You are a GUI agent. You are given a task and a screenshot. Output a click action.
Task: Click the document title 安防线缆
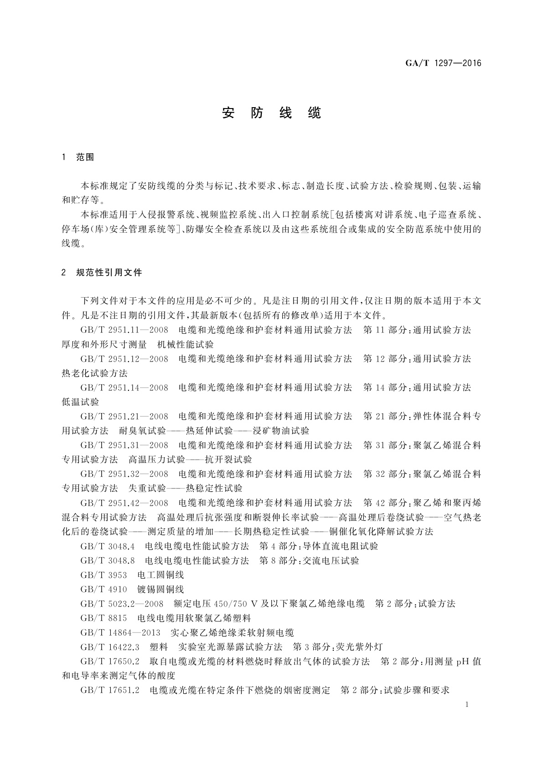click(272, 113)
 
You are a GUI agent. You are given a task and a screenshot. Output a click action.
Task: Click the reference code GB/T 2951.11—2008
click(124, 330)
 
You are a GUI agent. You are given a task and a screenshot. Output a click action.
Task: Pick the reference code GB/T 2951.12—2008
click(124, 358)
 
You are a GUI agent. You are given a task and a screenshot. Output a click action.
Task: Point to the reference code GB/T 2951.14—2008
click(124, 387)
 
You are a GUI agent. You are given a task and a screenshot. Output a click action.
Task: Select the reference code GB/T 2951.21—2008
click(124, 416)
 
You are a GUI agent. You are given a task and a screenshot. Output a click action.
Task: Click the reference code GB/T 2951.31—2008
click(124, 445)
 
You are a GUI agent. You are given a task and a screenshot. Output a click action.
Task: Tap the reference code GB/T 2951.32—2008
click(124, 474)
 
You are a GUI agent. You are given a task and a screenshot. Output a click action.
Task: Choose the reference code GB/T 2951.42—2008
click(124, 503)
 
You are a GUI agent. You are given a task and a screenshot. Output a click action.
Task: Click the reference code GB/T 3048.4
click(108, 546)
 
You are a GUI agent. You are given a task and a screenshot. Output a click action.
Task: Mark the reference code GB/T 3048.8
click(108, 560)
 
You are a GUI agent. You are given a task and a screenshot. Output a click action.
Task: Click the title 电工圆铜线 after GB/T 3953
click(160, 575)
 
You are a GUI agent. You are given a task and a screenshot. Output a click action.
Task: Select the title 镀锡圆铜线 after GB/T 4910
click(160, 589)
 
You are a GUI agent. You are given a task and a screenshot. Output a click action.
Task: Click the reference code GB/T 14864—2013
click(120, 633)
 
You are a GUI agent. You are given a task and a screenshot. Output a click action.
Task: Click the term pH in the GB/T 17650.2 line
click(463, 661)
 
